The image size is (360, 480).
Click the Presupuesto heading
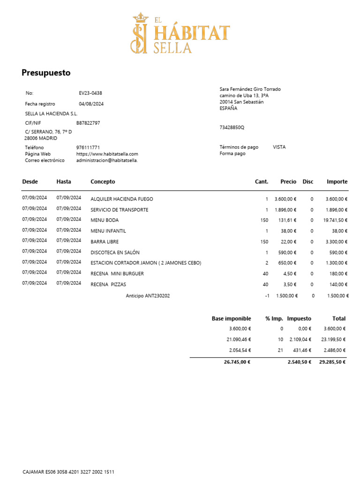46,73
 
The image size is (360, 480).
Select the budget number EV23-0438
90,93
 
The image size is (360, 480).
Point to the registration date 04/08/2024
91,104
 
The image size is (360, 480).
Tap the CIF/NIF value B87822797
88,123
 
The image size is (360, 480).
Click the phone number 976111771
88,147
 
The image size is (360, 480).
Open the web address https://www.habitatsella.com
107,154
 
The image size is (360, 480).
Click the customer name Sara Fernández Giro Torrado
250,89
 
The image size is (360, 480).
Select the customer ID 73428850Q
232,127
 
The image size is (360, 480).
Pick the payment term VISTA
279,147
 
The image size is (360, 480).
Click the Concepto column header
103,181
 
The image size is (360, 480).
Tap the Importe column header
337,181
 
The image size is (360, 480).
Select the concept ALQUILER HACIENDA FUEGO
122,199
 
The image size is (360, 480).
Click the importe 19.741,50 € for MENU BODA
335,220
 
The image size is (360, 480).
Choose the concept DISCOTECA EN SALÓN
115,253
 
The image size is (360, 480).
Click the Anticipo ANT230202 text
148,296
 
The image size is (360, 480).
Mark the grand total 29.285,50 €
332,362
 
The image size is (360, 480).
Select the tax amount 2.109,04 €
299,339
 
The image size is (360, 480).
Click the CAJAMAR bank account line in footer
68,472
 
